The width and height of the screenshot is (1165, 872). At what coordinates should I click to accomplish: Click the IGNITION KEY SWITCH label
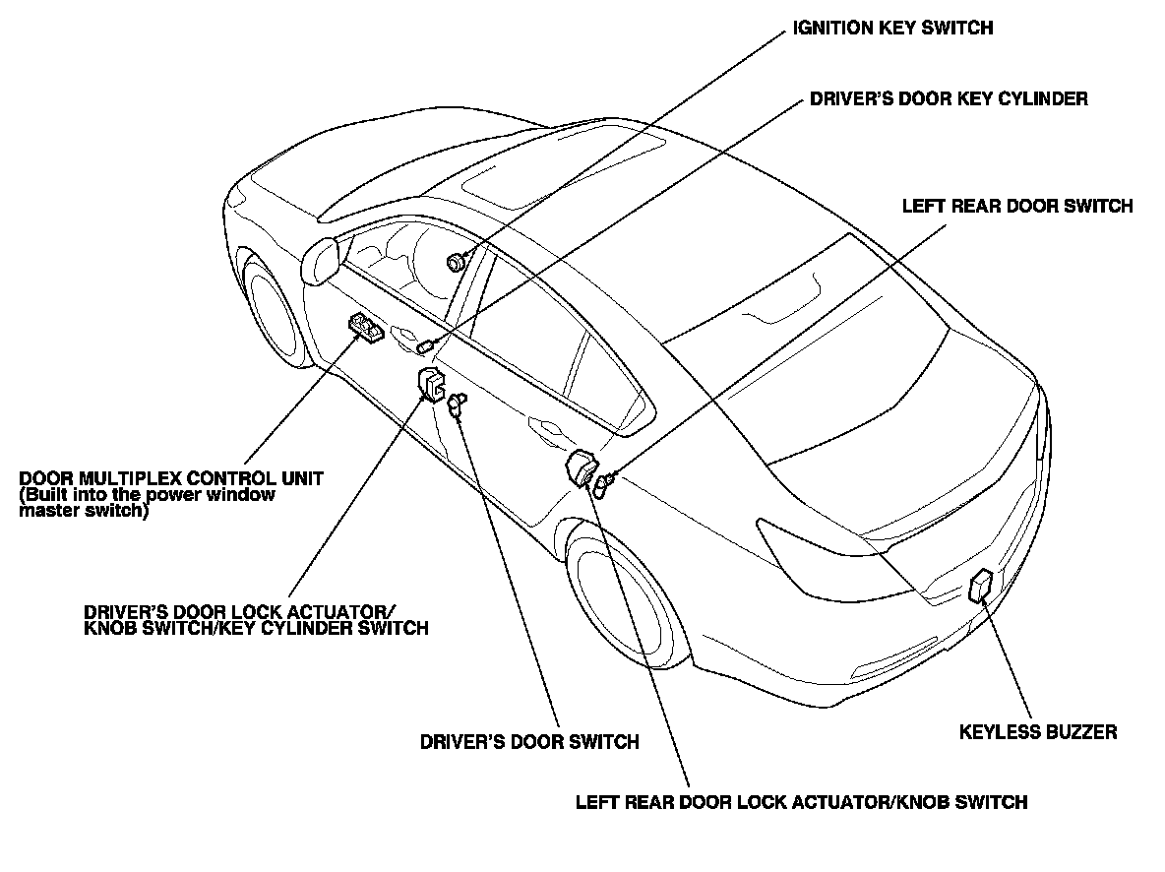coord(892,29)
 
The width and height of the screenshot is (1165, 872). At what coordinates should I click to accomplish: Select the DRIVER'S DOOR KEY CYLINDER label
coord(949,99)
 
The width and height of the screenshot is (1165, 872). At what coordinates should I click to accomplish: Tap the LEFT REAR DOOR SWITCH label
coord(1017,207)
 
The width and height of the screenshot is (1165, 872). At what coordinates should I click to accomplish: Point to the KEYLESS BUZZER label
coord(1038,732)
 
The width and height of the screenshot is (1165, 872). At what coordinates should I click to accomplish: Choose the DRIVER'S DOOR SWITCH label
coord(529,742)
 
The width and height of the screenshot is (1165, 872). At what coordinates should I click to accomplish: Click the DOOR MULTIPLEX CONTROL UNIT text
coord(171,478)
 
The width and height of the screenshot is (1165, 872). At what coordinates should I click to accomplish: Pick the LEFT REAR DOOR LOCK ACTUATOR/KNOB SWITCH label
coord(801,802)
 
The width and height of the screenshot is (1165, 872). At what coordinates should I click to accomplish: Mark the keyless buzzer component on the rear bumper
coord(981,586)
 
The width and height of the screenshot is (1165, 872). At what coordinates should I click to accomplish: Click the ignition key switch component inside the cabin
coord(456,262)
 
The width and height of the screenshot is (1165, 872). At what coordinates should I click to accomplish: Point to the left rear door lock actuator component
coord(581,467)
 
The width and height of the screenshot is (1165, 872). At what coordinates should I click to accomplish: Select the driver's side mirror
coord(321,261)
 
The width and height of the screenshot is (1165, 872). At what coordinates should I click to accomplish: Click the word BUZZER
coord(1080,732)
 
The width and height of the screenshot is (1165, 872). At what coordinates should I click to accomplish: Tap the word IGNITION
coord(832,29)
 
